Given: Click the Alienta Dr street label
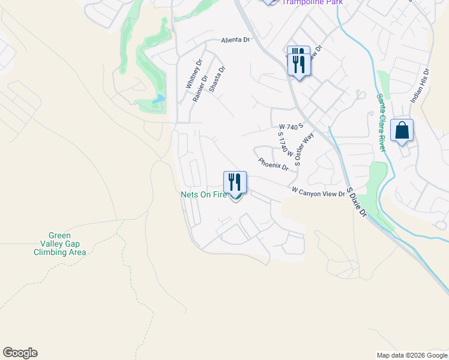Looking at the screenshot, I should click(235, 40).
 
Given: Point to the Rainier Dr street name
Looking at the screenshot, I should click(200, 88).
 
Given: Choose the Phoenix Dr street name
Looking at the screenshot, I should click(274, 164).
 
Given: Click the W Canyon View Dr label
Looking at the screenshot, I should click(319, 192).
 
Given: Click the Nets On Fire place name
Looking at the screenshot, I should click(204, 195).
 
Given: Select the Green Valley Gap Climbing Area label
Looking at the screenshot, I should click(59, 244).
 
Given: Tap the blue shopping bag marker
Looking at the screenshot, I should click(402, 131).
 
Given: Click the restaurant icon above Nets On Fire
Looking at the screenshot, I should click(235, 182).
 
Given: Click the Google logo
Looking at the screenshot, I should click(20, 353).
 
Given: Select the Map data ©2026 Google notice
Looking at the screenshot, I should click(411, 355).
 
